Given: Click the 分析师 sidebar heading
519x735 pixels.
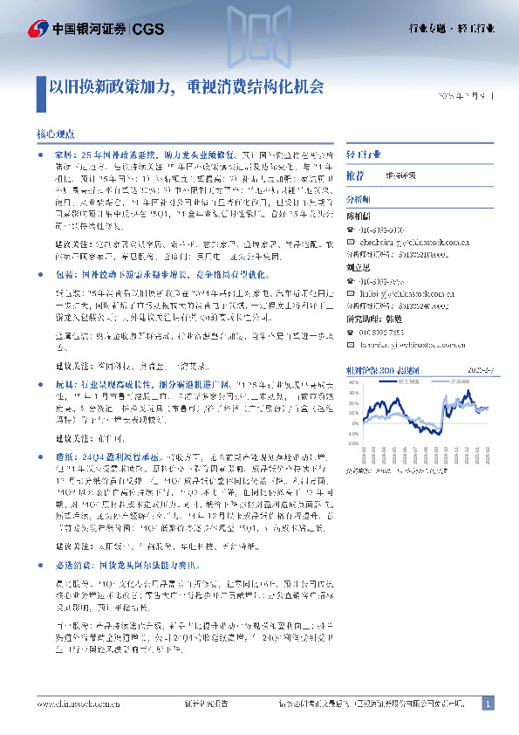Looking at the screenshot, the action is [x=360, y=199].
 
